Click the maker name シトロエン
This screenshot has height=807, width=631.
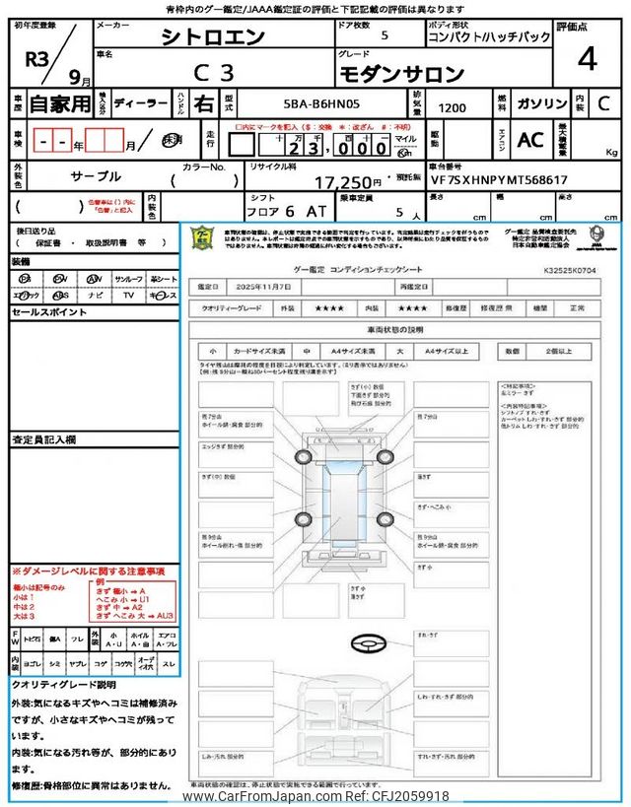click(212, 36)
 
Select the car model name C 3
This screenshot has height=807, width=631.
click(212, 73)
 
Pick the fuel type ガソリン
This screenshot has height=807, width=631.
click(541, 102)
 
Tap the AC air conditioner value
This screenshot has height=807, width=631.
click(530, 140)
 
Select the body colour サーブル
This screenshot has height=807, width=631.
click(96, 176)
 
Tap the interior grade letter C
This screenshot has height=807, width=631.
click(603, 102)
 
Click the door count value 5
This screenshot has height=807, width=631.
click(385, 35)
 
